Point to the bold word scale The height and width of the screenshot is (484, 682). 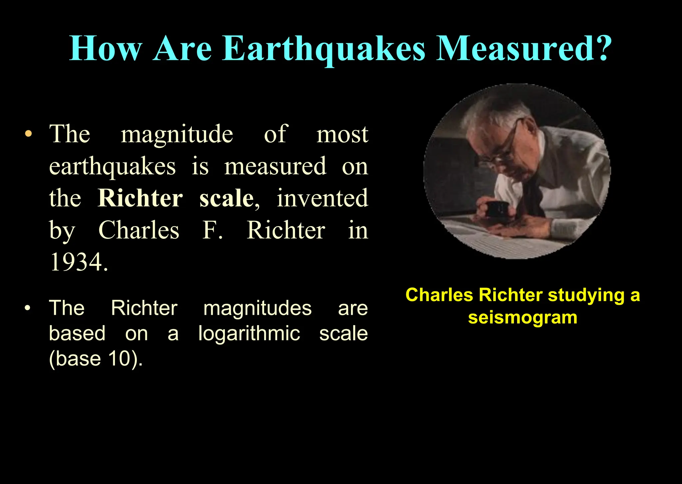pyautogui.click(x=226, y=198)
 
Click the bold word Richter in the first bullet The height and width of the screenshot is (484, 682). pyautogui.click(x=140, y=198)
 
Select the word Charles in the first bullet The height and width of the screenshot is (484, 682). pyautogui.click(x=139, y=230)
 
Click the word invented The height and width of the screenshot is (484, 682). pyautogui.click(x=322, y=198)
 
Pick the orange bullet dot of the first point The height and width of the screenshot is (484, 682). pyautogui.click(x=29, y=134)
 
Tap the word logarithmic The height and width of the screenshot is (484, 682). pyautogui.click(x=249, y=333)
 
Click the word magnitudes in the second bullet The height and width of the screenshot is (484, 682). pyautogui.click(x=257, y=308)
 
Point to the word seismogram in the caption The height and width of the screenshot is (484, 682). pyautogui.click(x=522, y=317)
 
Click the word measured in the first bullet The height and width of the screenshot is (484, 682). pyautogui.click(x=275, y=166)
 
